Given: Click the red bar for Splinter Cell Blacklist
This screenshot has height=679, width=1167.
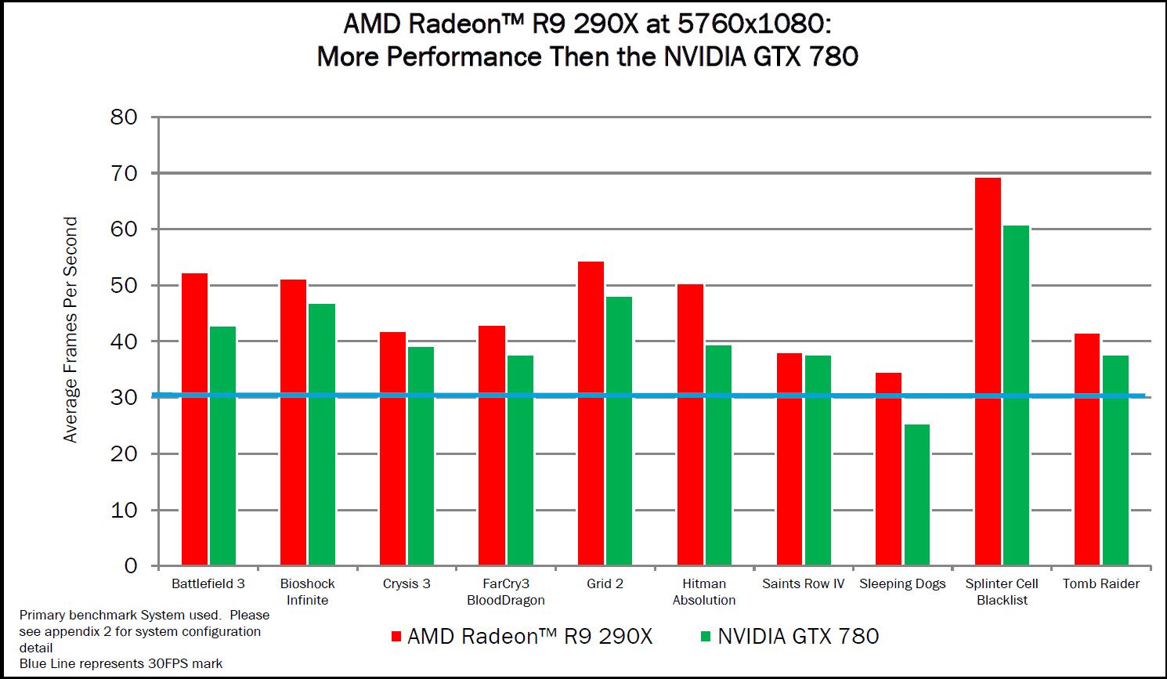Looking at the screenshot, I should pos(988,371).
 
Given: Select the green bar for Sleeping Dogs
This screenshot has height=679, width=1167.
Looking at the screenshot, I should pos(917,494).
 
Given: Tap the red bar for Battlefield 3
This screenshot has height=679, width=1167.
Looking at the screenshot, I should pos(194,419).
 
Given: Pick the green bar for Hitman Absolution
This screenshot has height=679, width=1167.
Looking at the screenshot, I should pos(718,455).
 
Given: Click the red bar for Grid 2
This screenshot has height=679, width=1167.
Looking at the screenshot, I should pos(591,413).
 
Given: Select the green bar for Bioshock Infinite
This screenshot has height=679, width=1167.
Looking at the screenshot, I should pos(322,434).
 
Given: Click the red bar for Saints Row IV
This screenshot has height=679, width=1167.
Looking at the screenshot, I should pos(789,459).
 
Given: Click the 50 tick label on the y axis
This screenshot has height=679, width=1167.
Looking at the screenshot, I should pos(123,285).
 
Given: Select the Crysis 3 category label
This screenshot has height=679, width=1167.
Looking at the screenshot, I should pos(406,584).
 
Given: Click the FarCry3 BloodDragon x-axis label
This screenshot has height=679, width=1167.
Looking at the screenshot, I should pos(505,592).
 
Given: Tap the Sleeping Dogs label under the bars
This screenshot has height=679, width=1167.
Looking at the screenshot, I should pos(902,584).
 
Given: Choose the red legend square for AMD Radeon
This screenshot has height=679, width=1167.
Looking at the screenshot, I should pos(396,636).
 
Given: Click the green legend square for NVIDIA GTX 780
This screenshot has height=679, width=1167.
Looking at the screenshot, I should pos(705,636).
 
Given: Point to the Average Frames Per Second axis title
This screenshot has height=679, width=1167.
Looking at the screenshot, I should pos(70,330).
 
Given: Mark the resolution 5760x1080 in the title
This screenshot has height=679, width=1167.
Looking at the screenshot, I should pos(750,23).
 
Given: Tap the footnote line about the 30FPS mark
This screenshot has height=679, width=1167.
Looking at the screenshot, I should pos(121,664).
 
